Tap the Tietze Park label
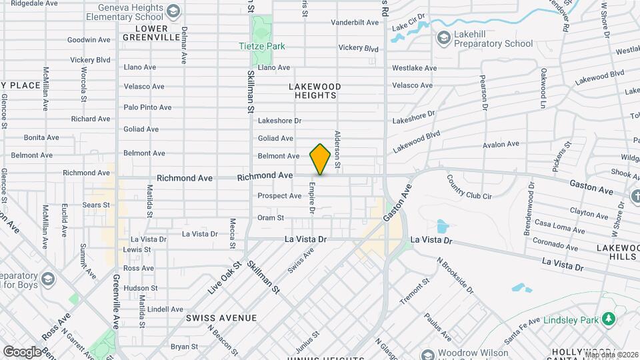point(262,46)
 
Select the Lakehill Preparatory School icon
point(443,39)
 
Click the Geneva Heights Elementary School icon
point(173,11)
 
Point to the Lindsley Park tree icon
point(608,319)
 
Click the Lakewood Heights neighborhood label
point(315,91)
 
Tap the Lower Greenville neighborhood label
point(151,33)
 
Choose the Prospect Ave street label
point(279,196)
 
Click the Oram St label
point(271,217)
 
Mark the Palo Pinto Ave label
point(147,107)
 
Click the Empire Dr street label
point(311,198)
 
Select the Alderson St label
point(338,149)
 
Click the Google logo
point(22,351)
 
